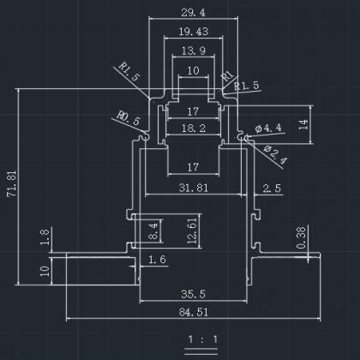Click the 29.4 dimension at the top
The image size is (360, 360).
click(x=193, y=13)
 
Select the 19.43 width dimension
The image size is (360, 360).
click(x=194, y=32)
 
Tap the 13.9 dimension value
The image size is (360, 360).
click(x=194, y=51)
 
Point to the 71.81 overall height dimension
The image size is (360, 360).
click(x=12, y=183)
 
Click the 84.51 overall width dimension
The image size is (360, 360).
click(x=194, y=312)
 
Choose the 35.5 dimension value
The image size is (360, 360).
click(x=193, y=294)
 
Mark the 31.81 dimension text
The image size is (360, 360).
click(x=194, y=188)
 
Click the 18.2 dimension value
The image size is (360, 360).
click(x=194, y=129)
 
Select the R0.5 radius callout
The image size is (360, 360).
click(x=129, y=118)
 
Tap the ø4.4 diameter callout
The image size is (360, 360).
click(x=268, y=128)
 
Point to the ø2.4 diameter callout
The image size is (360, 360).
click(x=275, y=155)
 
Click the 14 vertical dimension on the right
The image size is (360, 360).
click(x=303, y=124)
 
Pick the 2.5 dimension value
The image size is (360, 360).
click(x=272, y=189)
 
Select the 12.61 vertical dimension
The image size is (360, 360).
click(x=192, y=231)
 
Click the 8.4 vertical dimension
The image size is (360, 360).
click(x=153, y=231)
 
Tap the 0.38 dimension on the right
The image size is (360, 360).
click(x=301, y=238)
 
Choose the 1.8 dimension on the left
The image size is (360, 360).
click(x=45, y=237)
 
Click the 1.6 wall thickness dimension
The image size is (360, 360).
click(x=157, y=260)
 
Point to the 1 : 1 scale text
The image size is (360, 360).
click(x=202, y=339)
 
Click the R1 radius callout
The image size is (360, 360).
click(x=227, y=75)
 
